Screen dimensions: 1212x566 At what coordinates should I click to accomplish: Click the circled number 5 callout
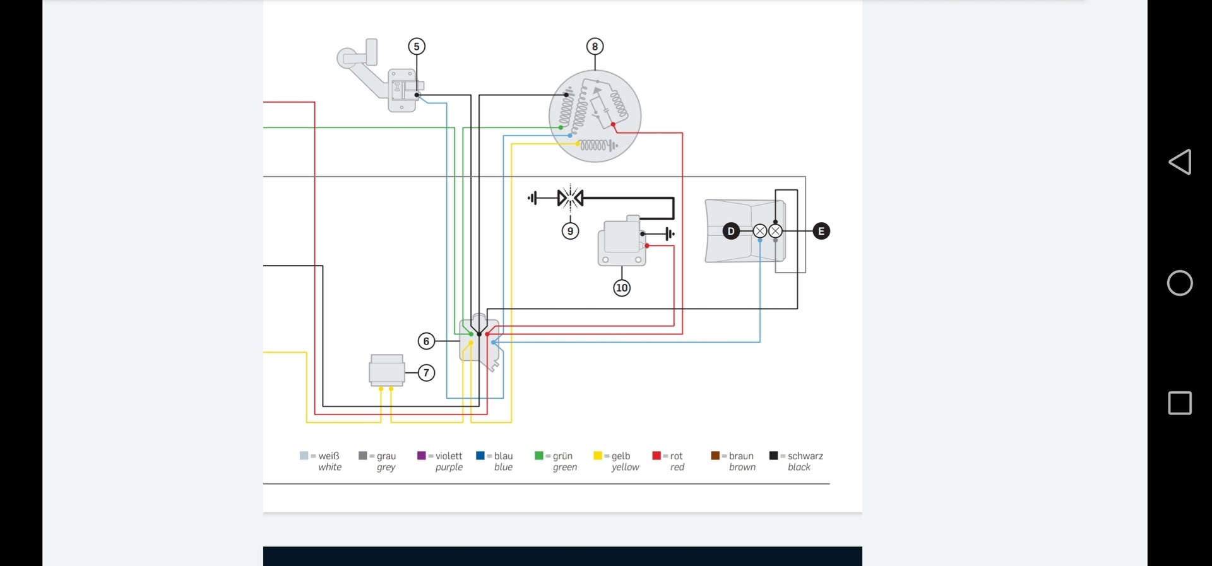coord(417,47)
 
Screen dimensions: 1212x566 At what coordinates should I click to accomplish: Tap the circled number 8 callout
coord(595,47)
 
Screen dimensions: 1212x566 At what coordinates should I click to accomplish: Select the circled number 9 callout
coord(570,231)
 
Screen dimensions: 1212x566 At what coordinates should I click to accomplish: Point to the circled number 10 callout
coord(622,288)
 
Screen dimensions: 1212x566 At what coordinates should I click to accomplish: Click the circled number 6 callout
coord(427,341)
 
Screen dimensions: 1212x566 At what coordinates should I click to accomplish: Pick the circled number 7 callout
coord(427,373)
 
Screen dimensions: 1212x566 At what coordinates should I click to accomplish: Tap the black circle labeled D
coord(731,231)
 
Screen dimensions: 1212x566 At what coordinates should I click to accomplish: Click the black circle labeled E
coord(821,231)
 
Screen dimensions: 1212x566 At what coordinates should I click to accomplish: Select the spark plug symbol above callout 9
coord(570,198)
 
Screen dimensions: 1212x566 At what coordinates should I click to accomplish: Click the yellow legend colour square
coord(598,456)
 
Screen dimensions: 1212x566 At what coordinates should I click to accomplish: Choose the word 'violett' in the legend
coord(449,456)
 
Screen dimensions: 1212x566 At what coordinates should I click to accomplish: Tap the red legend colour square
coord(656,456)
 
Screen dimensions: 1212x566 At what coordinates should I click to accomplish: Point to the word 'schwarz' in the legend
coord(805,456)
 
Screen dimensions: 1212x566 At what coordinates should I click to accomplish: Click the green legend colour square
coord(539,456)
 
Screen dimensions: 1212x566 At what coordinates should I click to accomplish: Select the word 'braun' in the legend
coord(741,456)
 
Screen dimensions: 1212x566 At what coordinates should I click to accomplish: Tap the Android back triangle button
coord(1179,162)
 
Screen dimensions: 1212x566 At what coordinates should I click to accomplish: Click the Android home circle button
coord(1180,283)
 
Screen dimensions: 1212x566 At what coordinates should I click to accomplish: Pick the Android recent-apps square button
coord(1180,403)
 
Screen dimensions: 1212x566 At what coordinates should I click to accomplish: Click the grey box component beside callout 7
coord(386,370)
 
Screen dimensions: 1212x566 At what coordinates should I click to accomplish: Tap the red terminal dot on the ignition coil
coord(647,245)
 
